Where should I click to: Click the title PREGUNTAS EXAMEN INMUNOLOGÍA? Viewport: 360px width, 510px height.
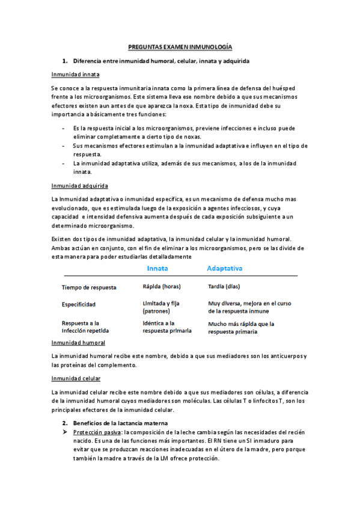click(x=181, y=46)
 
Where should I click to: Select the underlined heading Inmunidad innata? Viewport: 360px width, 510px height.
click(x=76, y=75)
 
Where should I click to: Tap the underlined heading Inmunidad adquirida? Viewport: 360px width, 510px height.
click(x=80, y=186)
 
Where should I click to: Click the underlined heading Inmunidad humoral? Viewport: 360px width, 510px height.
click(x=79, y=343)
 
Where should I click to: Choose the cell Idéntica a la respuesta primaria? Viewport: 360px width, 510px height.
click(x=167, y=327)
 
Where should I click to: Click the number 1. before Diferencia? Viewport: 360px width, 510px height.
click(x=65, y=61)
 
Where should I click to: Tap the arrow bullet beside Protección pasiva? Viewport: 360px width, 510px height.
click(x=66, y=433)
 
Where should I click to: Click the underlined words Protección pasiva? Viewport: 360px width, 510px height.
click(x=96, y=433)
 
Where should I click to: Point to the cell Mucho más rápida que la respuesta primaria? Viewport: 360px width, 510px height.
click(x=241, y=327)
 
